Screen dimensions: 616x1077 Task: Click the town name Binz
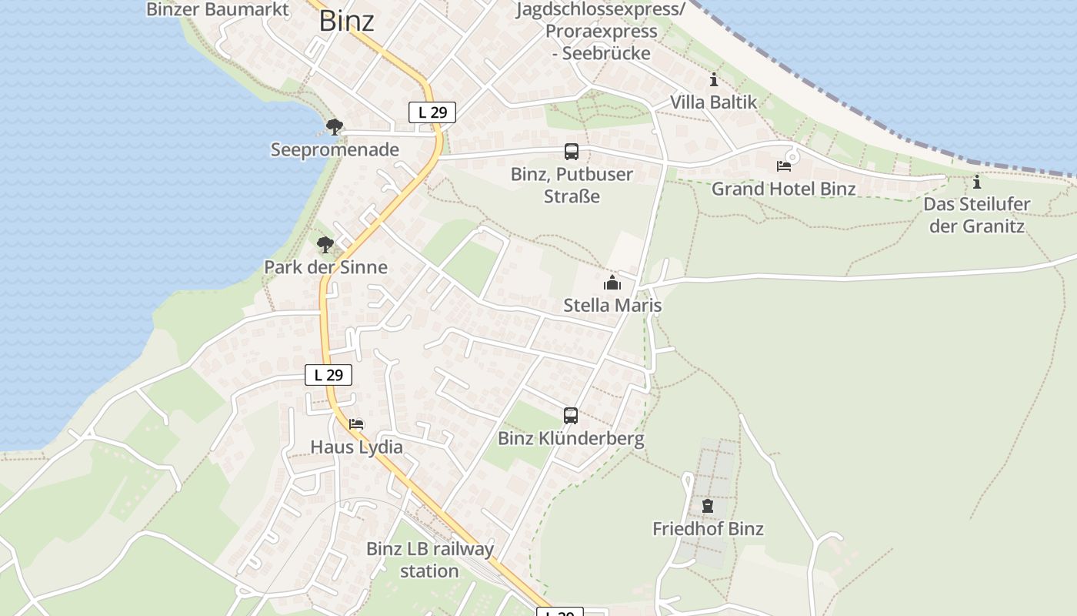tap(346, 22)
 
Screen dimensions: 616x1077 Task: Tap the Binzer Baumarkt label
tap(218, 9)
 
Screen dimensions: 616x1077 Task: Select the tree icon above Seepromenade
tap(334, 126)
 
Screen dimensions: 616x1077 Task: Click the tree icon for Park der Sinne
tap(325, 245)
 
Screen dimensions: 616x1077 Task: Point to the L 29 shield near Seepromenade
tap(432, 112)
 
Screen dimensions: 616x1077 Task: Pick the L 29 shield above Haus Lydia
tap(328, 375)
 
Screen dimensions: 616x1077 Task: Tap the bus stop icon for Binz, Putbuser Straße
tap(571, 152)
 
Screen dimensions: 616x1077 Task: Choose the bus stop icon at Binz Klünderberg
tap(570, 416)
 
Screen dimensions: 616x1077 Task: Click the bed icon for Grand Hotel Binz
tap(784, 166)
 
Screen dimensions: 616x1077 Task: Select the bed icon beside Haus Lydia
tap(356, 423)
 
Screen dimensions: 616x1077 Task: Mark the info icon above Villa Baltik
tap(714, 79)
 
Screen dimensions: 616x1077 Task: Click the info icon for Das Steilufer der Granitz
tap(977, 182)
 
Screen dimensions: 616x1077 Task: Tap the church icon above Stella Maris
tap(612, 283)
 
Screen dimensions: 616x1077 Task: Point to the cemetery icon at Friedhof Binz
tap(708, 506)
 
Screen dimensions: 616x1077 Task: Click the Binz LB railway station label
tap(429, 560)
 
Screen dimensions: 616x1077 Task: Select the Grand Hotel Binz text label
tap(783, 189)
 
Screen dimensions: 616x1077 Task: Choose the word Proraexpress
tap(601, 32)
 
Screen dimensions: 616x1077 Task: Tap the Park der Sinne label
tap(325, 267)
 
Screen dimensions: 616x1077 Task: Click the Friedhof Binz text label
tap(708, 529)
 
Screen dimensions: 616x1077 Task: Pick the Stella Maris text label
tap(612, 305)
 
